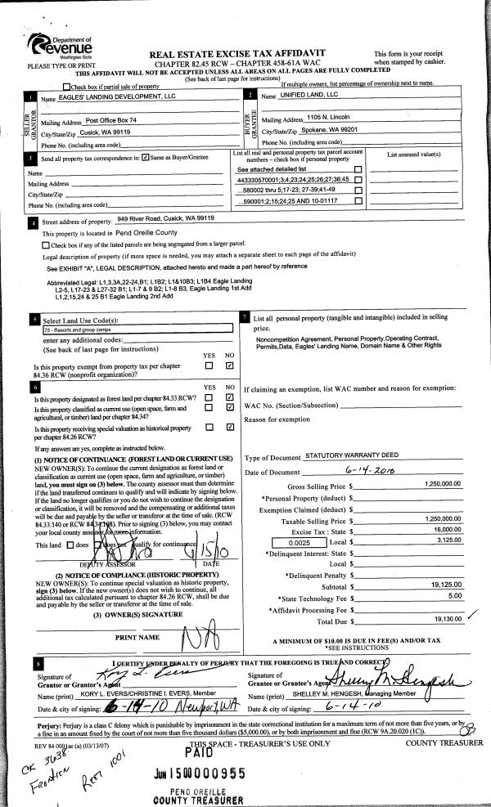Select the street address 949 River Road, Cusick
click(165, 220)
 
